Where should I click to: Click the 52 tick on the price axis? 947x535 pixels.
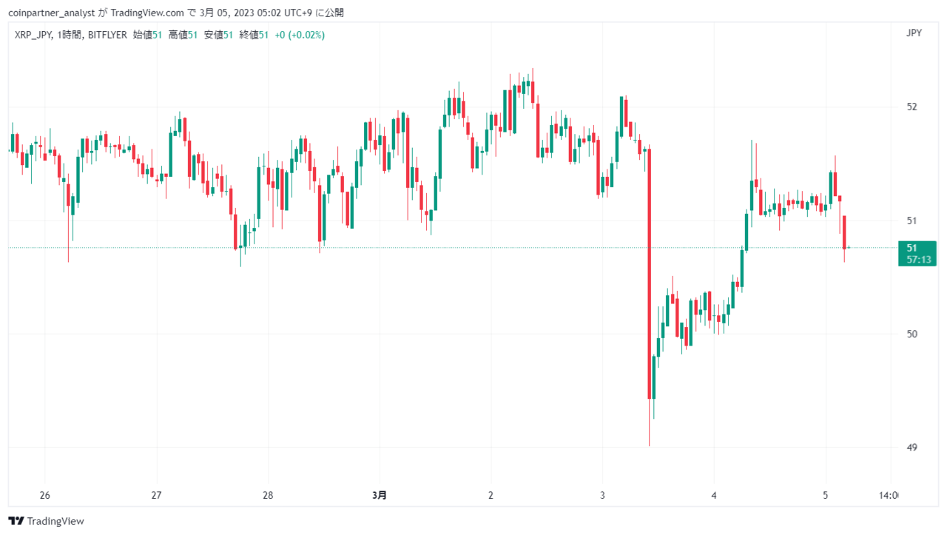click(x=912, y=107)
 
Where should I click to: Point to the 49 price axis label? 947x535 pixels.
click(x=912, y=447)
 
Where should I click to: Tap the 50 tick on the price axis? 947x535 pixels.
click(x=912, y=334)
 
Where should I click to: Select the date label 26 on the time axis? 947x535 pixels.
click(x=45, y=495)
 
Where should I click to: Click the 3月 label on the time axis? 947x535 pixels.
click(x=380, y=495)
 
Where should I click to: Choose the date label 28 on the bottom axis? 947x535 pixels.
click(x=268, y=495)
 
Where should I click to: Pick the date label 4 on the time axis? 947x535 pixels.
click(x=714, y=495)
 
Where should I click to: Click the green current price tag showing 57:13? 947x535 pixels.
click(x=917, y=253)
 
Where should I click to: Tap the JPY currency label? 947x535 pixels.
click(x=914, y=33)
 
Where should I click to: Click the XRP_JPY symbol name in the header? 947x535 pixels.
click(x=33, y=35)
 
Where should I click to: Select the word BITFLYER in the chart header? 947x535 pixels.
click(x=107, y=35)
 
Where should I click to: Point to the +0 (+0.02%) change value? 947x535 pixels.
click(x=300, y=35)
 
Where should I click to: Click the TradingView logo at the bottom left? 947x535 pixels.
click(x=46, y=521)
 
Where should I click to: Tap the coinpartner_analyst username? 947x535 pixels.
click(x=51, y=13)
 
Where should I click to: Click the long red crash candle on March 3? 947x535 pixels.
click(x=650, y=274)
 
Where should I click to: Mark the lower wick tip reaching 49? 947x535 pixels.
click(x=650, y=445)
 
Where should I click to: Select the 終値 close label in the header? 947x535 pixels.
click(x=249, y=35)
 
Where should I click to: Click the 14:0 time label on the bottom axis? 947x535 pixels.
click(x=889, y=495)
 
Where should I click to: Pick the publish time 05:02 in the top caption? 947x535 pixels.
click(x=268, y=13)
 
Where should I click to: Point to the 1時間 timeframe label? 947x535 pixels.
click(x=70, y=35)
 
